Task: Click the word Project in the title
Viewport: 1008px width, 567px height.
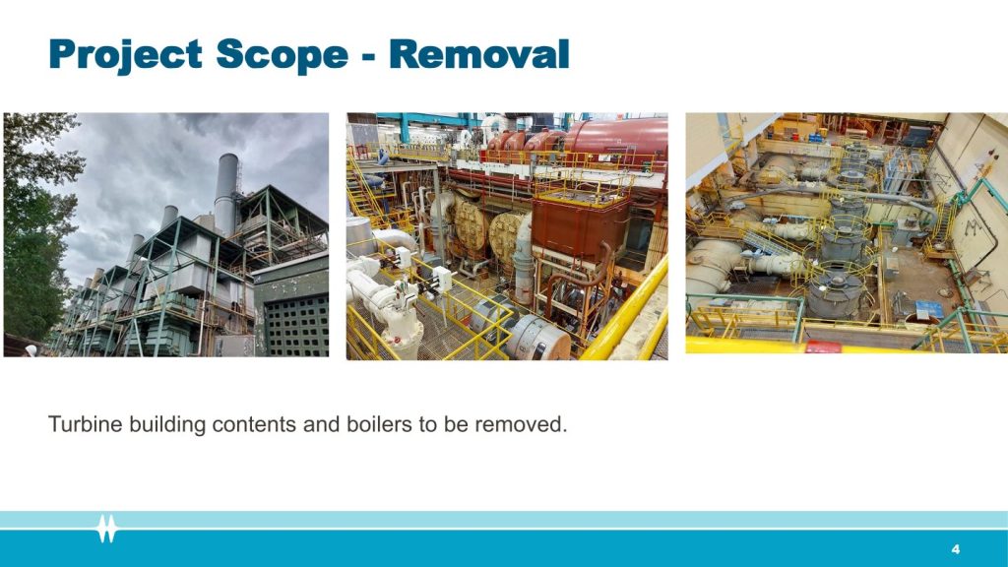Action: tap(126, 54)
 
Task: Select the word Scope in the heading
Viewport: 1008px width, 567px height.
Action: tap(283, 54)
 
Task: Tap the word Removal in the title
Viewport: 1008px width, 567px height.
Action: tap(479, 53)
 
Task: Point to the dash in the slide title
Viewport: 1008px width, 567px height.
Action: tap(369, 56)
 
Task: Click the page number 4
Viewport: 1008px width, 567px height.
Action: tap(955, 549)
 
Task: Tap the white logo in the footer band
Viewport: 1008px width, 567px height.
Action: tap(106, 529)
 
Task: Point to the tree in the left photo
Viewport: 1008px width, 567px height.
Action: tap(35, 231)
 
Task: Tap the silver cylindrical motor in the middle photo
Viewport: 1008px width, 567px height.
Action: tap(538, 337)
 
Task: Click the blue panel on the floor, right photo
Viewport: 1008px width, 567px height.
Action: tap(929, 310)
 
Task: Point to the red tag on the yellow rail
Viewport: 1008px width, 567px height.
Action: tap(823, 347)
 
